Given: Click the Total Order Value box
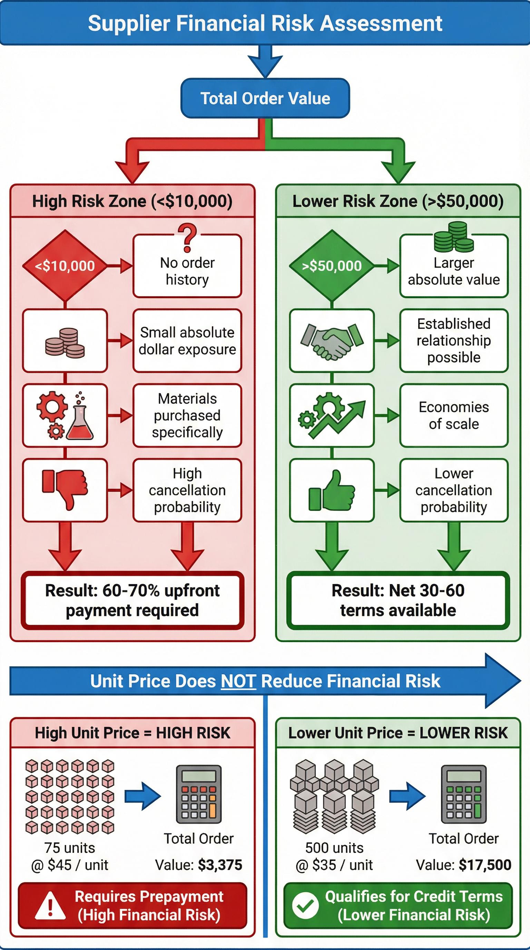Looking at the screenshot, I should (265, 98).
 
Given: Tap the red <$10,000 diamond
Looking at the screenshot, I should (65, 265).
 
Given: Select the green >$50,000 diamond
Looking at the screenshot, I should (332, 265).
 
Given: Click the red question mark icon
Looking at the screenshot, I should (187, 238).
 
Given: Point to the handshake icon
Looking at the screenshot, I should (332, 341).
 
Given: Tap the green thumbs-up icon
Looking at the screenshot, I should (332, 491).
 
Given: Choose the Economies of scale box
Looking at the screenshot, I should (454, 416).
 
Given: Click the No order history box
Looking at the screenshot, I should (187, 271).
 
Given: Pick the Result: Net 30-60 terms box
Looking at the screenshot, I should (398, 600).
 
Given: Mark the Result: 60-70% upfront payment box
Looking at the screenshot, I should (132, 600).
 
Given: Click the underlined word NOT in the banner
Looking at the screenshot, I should (238, 681).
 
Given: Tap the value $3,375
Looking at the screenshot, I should (220, 865).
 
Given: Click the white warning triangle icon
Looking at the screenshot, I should (50, 906).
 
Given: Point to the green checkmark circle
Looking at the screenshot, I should (305, 906).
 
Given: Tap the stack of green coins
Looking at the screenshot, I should (454, 237).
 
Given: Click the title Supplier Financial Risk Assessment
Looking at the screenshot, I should (265, 23).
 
